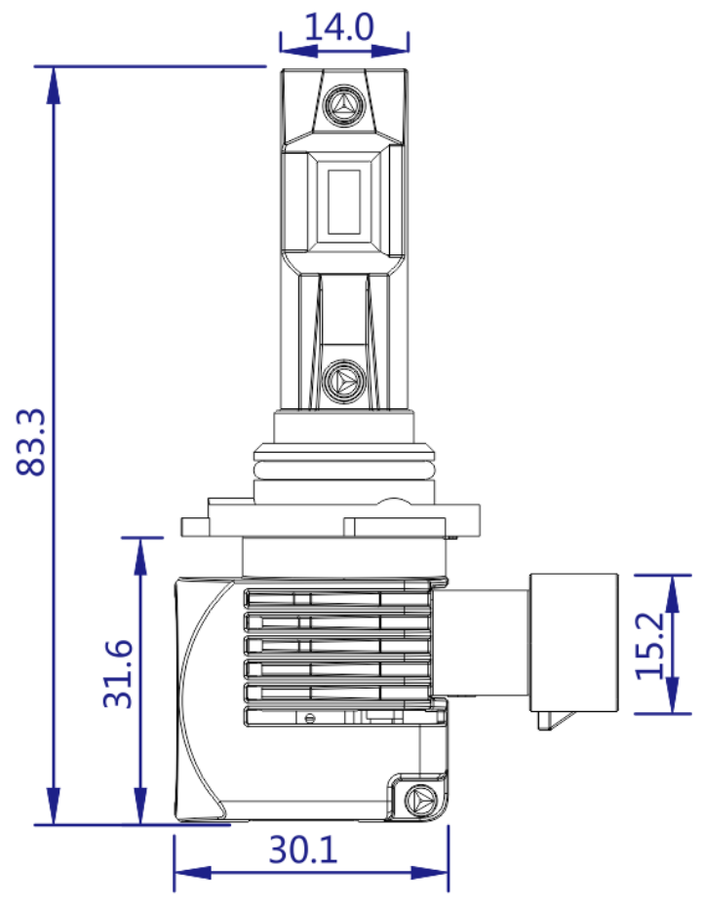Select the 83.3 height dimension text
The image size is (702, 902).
(x=33, y=440)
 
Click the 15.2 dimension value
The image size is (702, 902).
(x=649, y=645)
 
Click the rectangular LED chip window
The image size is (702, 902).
(x=344, y=202)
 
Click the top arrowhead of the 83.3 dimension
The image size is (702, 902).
(x=55, y=84)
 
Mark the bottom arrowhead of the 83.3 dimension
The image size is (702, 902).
(x=55, y=808)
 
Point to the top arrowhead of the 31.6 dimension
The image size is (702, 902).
(x=142, y=553)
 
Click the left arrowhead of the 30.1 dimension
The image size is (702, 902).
(x=190, y=872)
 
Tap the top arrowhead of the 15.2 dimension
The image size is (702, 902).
(x=672, y=590)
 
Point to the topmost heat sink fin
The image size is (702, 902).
(x=336, y=599)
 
